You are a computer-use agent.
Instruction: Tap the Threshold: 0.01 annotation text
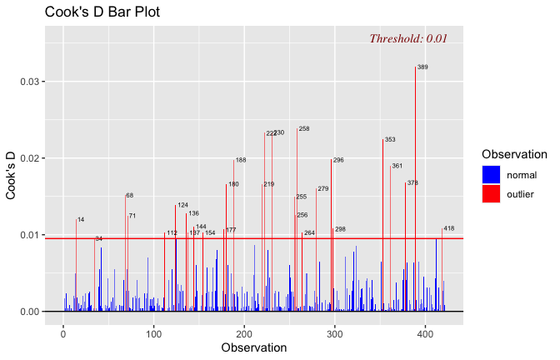[x=408, y=38]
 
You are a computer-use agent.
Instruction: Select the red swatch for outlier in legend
[x=491, y=193]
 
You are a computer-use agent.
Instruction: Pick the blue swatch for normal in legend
[x=491, y=174]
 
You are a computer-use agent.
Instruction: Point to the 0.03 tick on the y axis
[x=28, y=82]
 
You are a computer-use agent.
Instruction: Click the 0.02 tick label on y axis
[x=28, y=158]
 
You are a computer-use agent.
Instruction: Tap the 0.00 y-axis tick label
[x=28, y=312]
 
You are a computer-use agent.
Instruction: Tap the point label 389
[x=422, y=67]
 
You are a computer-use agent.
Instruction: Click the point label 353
[x=390, y=140]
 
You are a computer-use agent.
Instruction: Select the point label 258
[x=304, y=129]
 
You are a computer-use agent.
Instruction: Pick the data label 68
[x=129, y=196]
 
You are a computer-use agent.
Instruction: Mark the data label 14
[x=80, y=219]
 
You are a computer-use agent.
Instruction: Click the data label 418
[x=449, y=228]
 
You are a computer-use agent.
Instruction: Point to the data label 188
[x=241, y=160]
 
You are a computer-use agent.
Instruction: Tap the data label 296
[x=338, y=160]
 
